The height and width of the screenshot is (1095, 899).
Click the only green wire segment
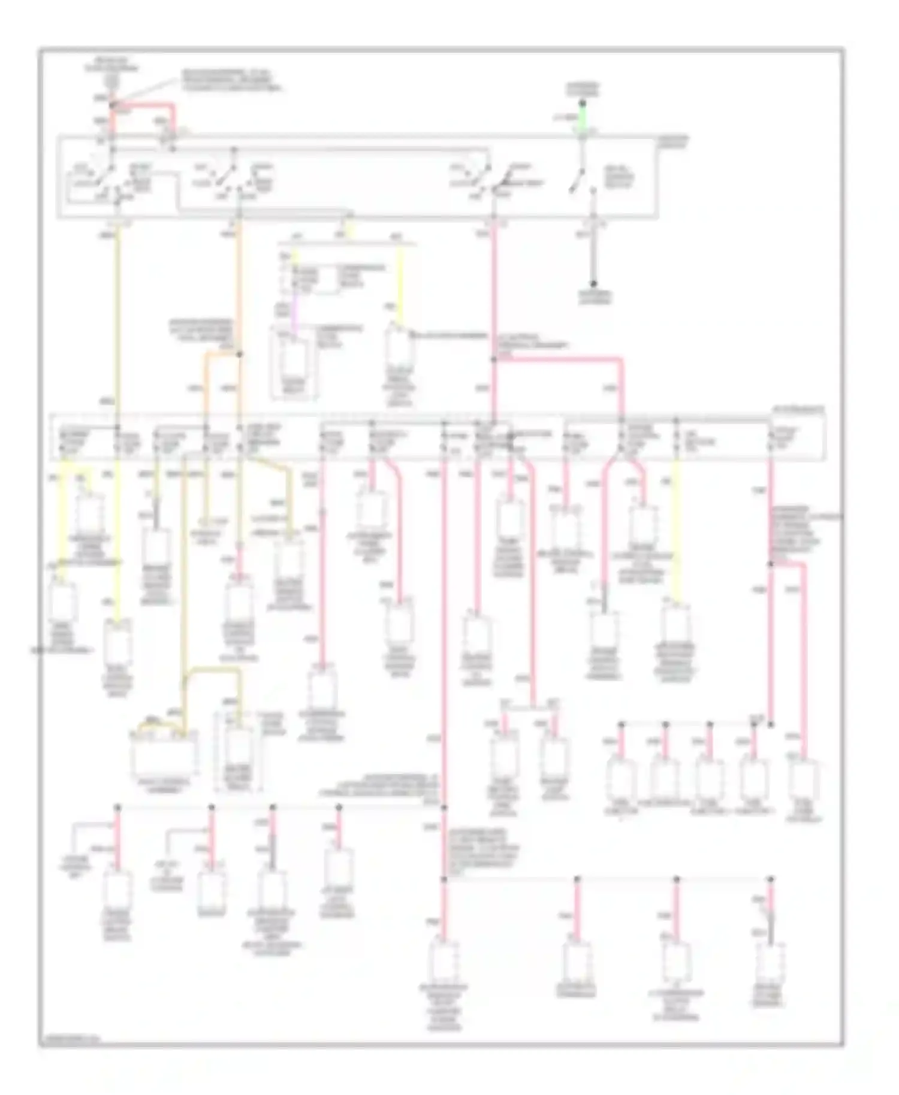(582, 119)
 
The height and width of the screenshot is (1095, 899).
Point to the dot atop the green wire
(582, 103)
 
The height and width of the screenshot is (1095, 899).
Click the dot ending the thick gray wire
(593, 283)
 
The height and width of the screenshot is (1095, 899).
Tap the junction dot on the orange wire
(239, 355)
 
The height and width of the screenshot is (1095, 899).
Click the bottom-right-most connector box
(770, 964)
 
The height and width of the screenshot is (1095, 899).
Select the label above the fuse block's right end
(797, 410)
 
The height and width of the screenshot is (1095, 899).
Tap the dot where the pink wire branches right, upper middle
(494, 359)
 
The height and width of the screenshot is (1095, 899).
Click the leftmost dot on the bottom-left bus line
(117, 807)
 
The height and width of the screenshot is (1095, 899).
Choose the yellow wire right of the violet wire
(400, 282)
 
